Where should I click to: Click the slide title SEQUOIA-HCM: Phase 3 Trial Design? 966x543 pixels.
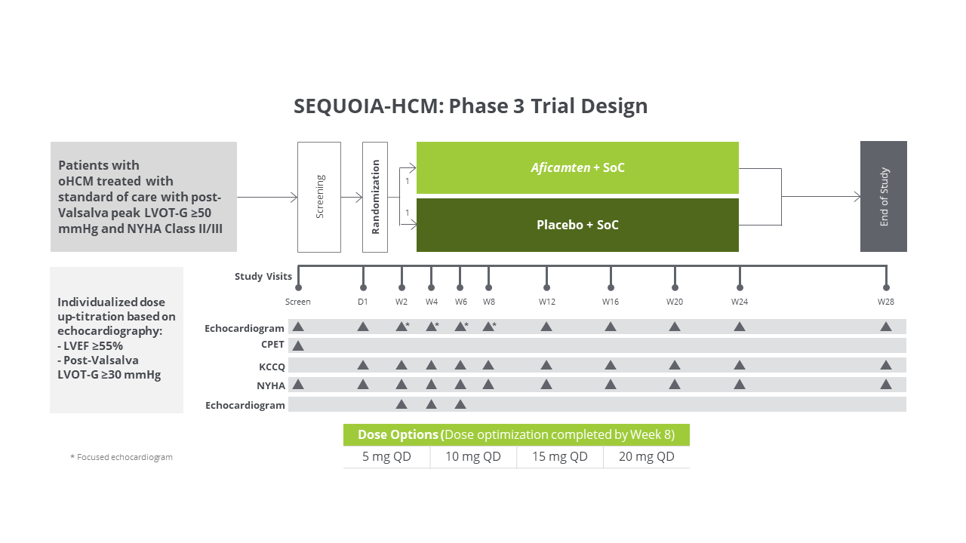(470, 106)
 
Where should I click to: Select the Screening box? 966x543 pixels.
(319, 197)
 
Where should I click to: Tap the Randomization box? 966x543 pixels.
(375, 197)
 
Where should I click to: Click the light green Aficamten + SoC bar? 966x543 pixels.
(577, 167)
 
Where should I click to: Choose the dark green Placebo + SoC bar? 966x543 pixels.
(577, 225)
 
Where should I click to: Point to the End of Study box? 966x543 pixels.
(884, 197)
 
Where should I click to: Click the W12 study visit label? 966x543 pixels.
(546, 302)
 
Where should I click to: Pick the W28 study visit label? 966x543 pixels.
(886, 302)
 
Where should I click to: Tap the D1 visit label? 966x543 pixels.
(363, 302)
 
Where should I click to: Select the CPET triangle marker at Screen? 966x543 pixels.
(298, 345)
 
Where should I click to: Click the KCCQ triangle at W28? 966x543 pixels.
(886, 365)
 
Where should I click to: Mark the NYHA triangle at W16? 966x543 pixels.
(610, 384)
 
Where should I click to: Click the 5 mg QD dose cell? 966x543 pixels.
(386, 457)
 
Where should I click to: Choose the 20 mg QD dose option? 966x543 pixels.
(647, 457)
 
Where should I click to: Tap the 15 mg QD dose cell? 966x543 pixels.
(560, 457)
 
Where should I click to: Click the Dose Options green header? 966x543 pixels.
(516, 434)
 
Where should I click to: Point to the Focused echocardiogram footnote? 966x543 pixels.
(122, 457)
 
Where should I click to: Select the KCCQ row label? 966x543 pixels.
(272, 367)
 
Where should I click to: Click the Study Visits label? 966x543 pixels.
(263, 277)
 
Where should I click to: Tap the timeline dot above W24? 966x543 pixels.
(740, 287)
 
